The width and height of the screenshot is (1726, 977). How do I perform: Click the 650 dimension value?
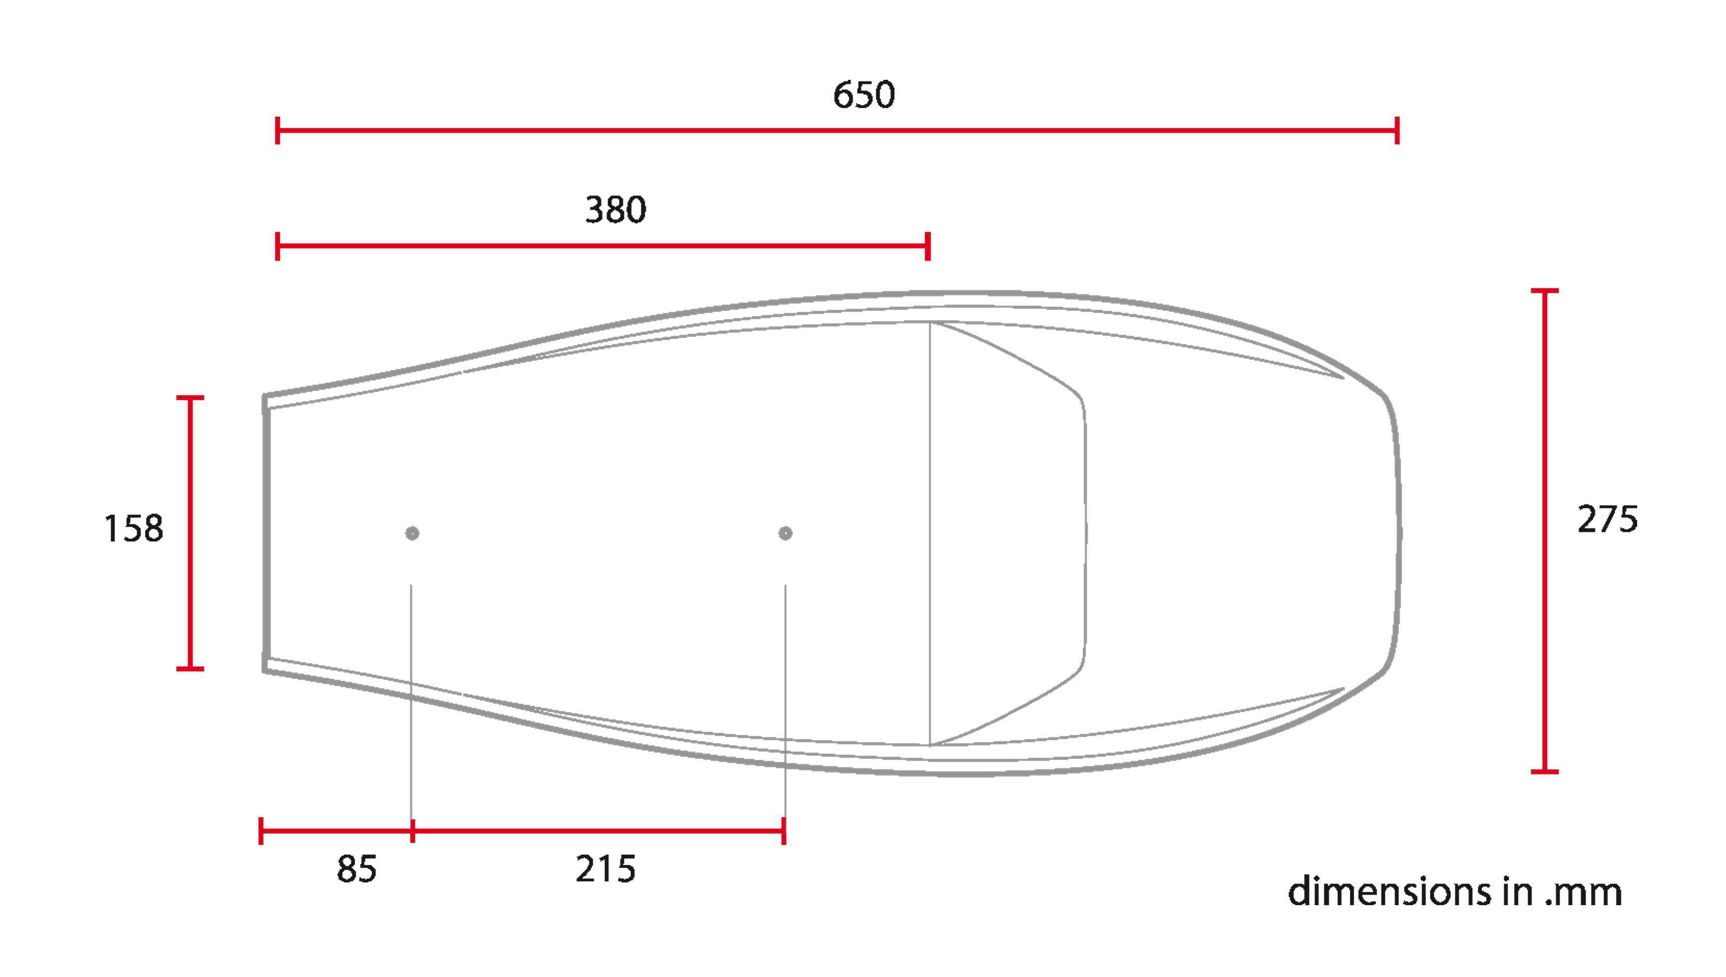(x=863, y=95)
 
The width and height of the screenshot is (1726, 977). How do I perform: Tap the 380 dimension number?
(x=615, y=210)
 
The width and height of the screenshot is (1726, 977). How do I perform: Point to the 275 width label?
(x=1607, y=519)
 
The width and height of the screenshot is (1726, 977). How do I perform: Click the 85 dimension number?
(x=356, y=869)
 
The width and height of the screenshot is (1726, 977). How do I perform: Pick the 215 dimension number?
(x=605, y=869)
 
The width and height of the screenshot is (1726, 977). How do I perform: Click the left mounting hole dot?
(x=412, y=533)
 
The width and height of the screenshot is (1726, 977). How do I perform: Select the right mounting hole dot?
(x=785, y=533)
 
